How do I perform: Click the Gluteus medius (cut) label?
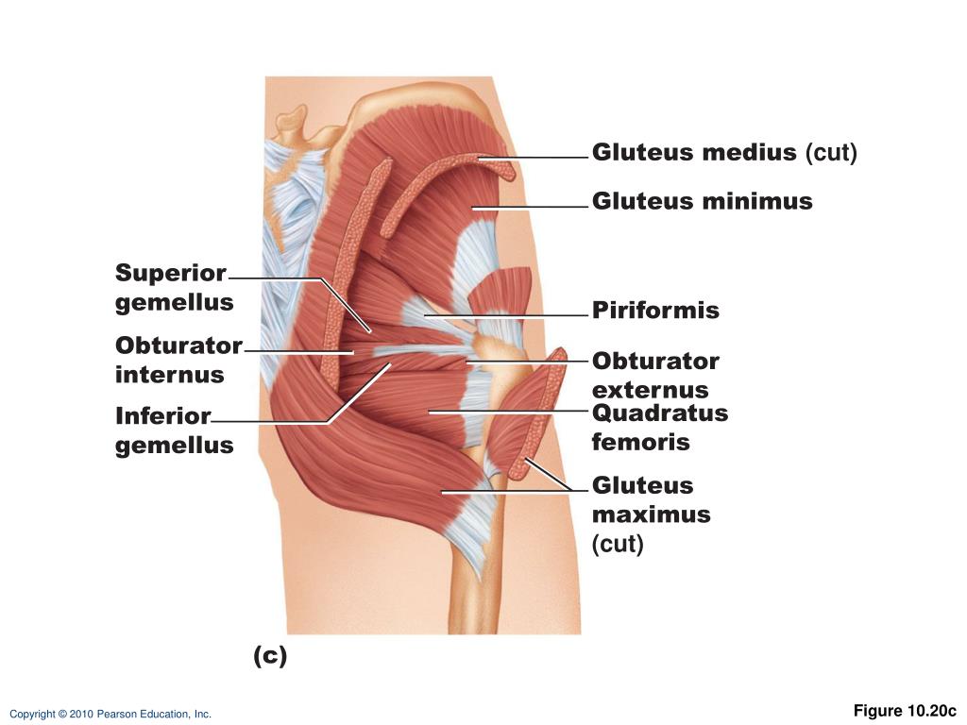click(724, 153)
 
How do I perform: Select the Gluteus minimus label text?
click(702, 201)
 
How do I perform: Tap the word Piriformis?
click(655, 311)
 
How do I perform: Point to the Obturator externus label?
click(655, 376)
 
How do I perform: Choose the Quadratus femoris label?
click(659, 428)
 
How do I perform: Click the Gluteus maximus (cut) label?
click(651, 514)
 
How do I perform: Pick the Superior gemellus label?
click(174, 288)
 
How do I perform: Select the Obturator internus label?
click(178, 360)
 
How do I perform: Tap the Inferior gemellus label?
click(174, 430)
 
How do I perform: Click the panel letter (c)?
click(270, 655)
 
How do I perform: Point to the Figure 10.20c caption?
click(905, 711)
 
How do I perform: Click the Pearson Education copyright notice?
click(110, 715)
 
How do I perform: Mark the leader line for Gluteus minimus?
click(529, 206)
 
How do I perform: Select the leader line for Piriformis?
click(510, 314)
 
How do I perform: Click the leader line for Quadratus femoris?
click(510, 411)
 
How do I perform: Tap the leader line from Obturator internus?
click(298, 351)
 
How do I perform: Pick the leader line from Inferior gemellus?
click(274, 422)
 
